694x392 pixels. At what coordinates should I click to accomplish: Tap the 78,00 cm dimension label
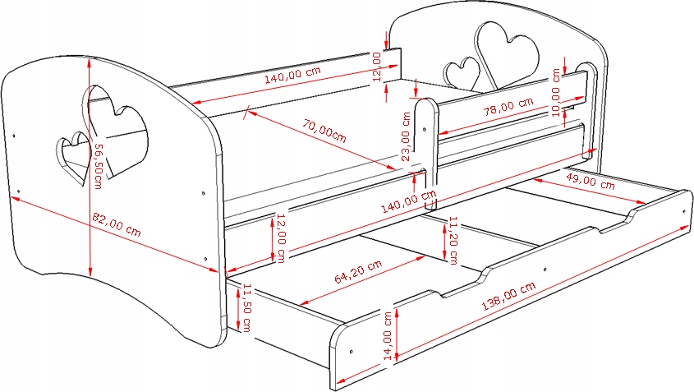pyautogui.click(x=503, y=107)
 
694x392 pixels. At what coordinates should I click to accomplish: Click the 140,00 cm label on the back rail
pyautogui.click(x=292, y=78)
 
